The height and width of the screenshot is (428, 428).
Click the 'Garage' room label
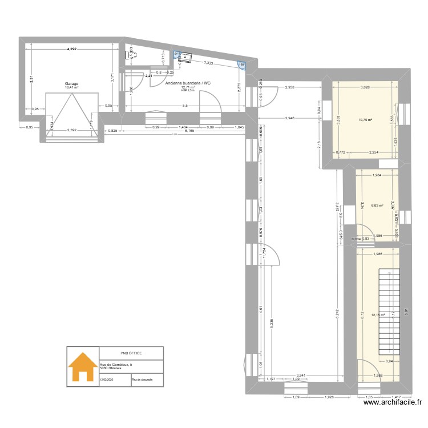(71, 84)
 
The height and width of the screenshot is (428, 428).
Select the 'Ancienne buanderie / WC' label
(188, 83)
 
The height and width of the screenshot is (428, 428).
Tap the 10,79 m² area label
(365, 120)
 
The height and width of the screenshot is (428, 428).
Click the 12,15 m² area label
(378, 314)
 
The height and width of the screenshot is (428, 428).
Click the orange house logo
(83, 368)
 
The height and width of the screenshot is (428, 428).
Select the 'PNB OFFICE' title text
(131, 353)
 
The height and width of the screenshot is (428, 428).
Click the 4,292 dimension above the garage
(71, 50)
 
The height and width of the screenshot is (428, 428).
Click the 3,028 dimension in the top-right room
(366, 87)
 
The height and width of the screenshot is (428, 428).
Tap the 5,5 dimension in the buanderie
(184, 106)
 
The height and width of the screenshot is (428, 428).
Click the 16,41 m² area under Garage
(71, 88)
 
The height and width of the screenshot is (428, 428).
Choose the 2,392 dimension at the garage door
(71, 131)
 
